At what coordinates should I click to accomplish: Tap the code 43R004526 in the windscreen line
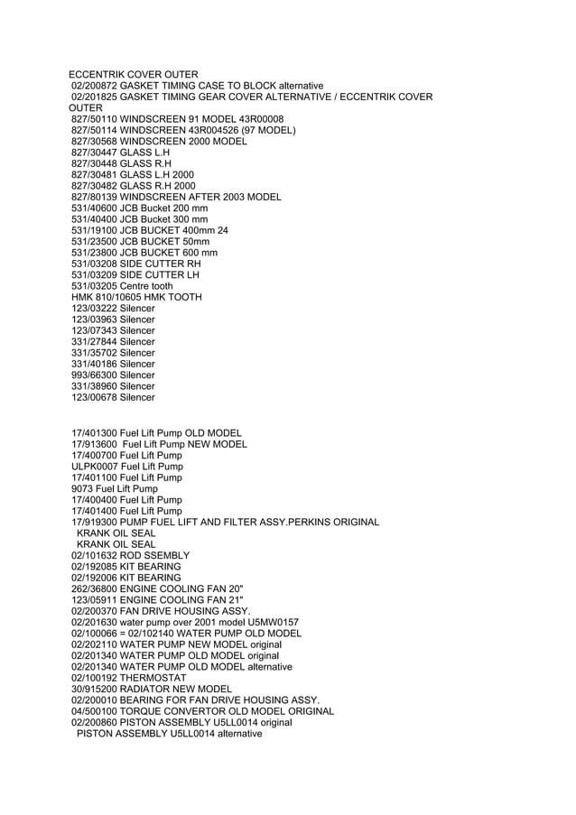click(209, 130)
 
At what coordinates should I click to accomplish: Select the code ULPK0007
click(94, 467)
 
